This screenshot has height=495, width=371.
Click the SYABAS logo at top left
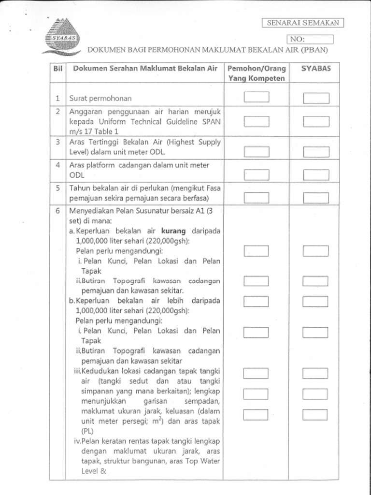point(61,37)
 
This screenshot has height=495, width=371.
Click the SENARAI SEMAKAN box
point(303,23)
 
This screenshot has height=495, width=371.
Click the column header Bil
point(57,69)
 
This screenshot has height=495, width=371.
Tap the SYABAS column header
point(316,69)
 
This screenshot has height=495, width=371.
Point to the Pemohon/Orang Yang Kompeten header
point(257,73)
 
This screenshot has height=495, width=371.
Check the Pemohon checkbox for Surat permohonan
point(256,97)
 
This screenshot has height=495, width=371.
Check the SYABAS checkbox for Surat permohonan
point(316,98)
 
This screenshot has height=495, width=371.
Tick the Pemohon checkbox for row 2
point(256,121)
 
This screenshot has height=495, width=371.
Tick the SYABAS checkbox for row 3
point(316,152)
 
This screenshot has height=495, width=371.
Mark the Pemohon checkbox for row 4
point(256,174)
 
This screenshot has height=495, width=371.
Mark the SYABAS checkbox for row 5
point(316,198)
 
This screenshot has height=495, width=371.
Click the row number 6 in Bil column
point(57,211)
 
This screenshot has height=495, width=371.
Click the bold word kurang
point(173,231)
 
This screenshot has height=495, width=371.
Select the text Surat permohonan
point(100,98)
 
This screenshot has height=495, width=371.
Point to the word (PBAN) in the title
point(314,50)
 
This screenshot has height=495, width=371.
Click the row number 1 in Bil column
point(57,98)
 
